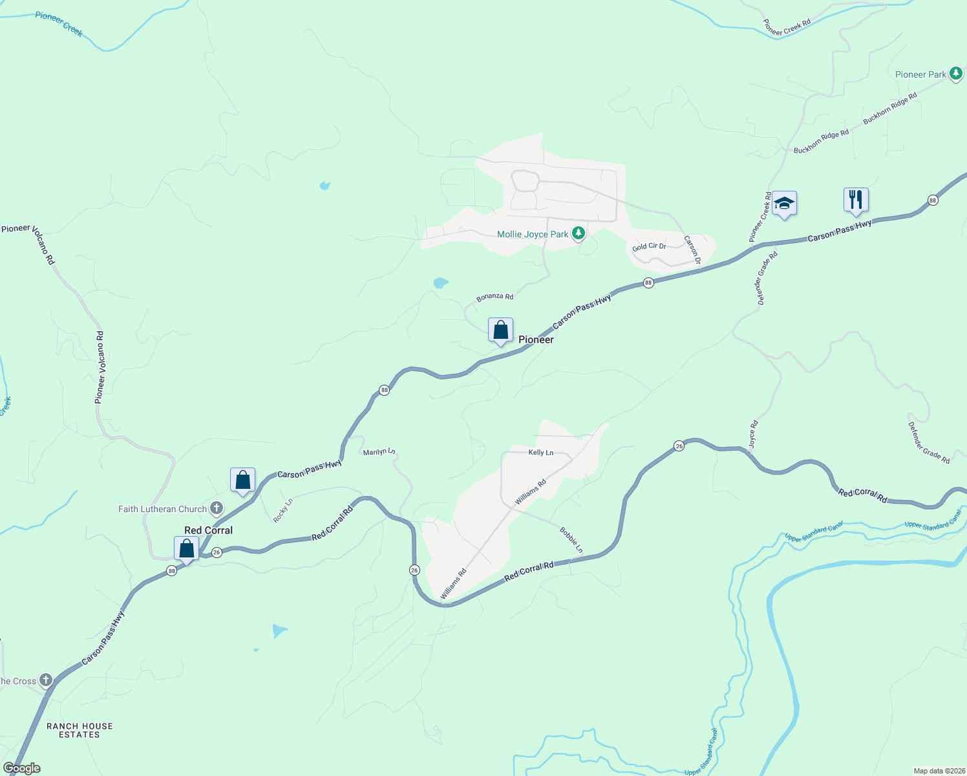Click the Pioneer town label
(536, 339)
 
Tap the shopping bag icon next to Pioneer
(500, 330)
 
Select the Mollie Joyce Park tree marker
(579, 233)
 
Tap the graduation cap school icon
(784, 204)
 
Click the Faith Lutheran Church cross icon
(217, 508)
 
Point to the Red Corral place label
(208, 530)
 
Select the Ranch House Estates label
(80, 730)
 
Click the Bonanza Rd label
(495, 297)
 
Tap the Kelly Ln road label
(541, 453)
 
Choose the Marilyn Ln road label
(379, 451)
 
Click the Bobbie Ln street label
(571, 541)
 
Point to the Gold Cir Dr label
(649, 246)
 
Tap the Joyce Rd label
(753, 435)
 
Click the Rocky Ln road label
(282, 510)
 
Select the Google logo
(21, 768)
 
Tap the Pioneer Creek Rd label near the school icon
(760, 217)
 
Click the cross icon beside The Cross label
(45, 680)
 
